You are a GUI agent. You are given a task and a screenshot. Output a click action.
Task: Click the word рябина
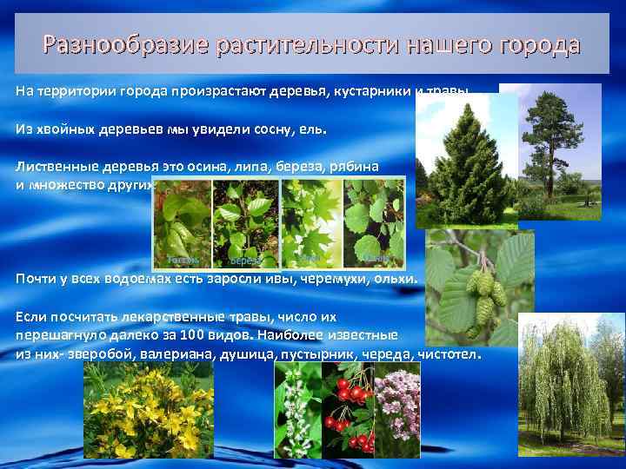(353, 166)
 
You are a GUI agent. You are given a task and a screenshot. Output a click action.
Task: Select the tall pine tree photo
(561, 152)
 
